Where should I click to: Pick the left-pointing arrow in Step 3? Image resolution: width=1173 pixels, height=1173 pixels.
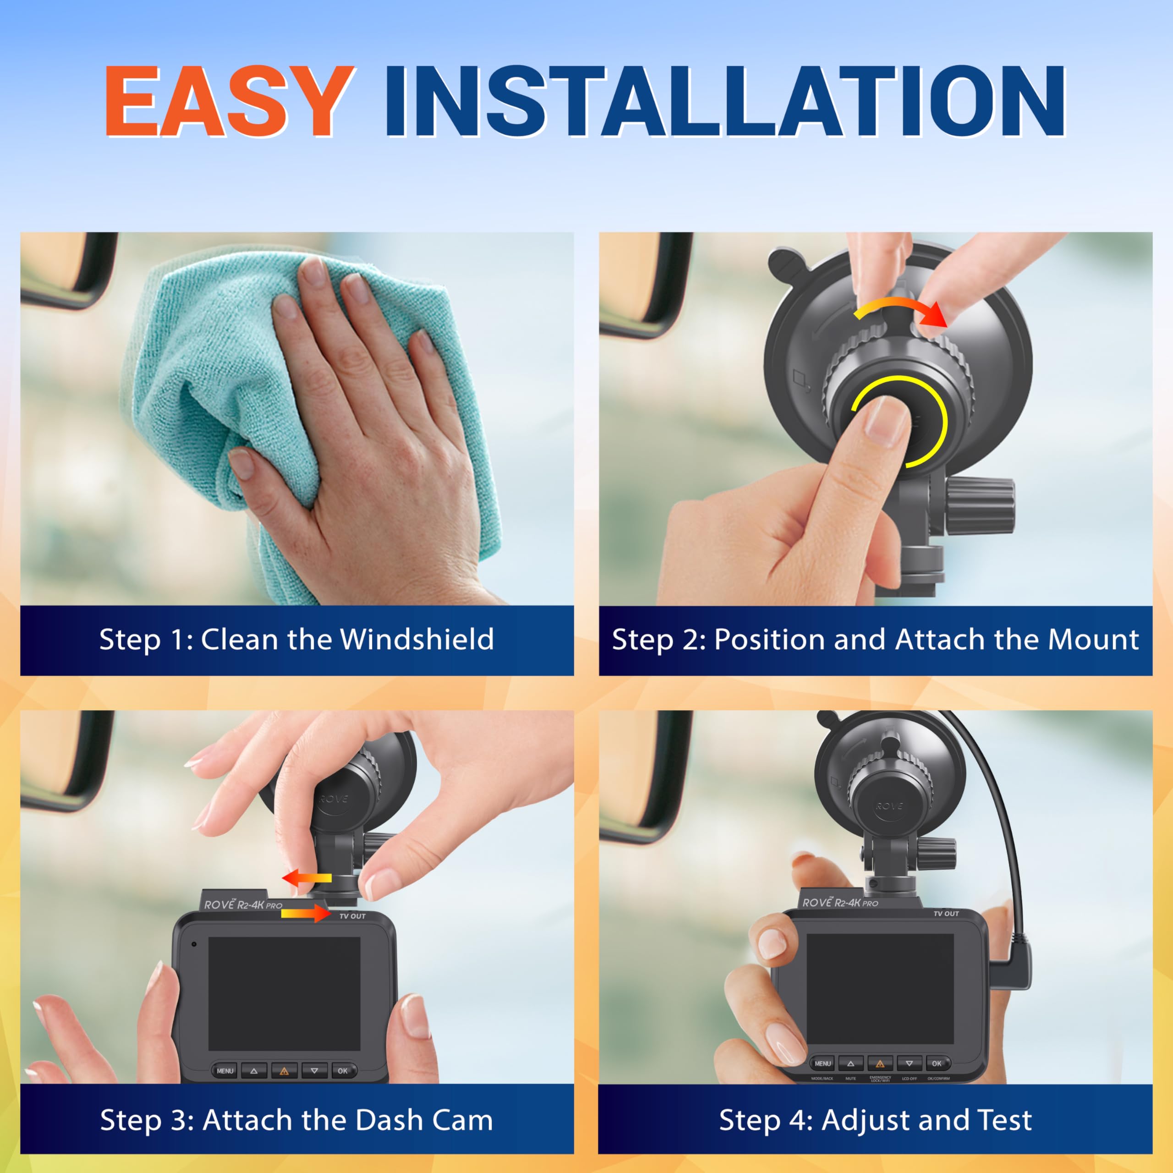[x=307, y=878]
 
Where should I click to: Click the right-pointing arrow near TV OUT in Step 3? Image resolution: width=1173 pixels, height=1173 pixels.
[x=306, y=913]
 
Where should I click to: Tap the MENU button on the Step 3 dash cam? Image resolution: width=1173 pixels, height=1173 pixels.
[x=225, y=1070]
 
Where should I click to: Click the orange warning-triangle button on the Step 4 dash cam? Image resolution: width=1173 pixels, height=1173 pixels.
[x=880, y=1063]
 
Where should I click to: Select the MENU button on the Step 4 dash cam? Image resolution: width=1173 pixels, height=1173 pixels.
[x=822, y=1063]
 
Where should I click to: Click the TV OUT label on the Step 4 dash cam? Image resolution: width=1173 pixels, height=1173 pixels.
[x=946, y=914]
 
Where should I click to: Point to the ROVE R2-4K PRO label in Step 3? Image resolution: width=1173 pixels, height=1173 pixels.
[x=243, y=904]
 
